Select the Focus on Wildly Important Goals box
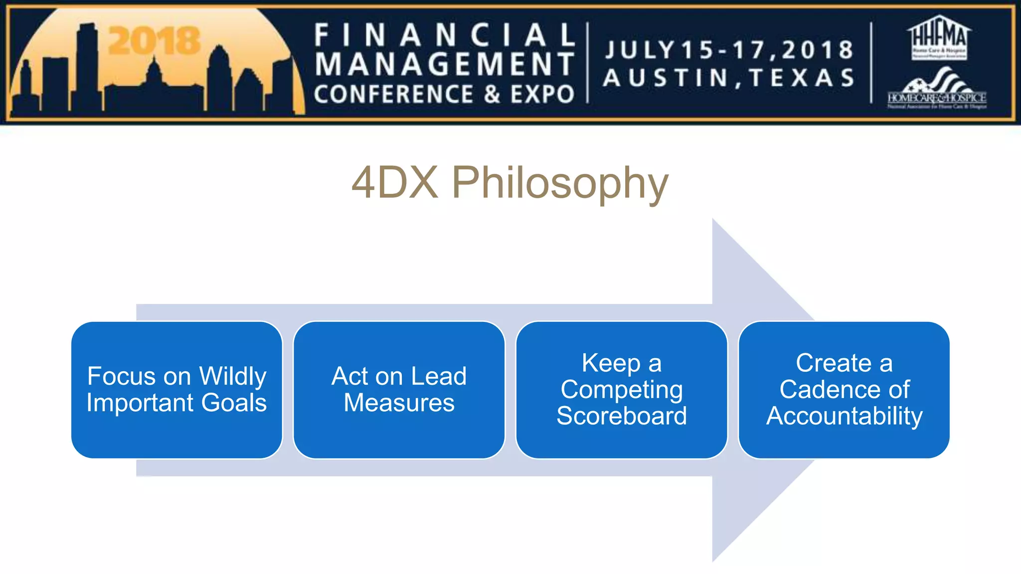176,390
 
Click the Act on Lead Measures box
399,390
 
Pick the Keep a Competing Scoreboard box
621,390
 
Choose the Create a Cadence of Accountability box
844,390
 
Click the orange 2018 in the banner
154,41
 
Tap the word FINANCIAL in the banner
445,36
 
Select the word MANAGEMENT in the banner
445,65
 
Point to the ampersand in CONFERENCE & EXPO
492,95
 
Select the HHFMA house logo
939,38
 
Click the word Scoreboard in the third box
621,416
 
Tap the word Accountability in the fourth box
844,416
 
